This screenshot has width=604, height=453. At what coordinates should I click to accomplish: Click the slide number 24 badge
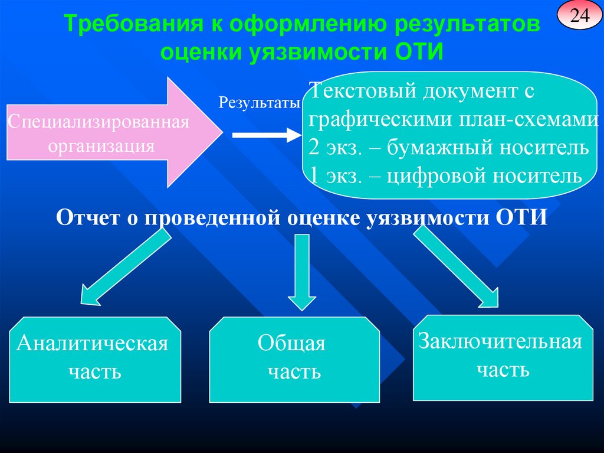click(x=579, y=17)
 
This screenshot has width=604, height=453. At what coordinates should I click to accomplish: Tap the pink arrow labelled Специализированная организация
click(x=112, y=133)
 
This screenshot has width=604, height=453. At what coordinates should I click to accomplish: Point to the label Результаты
click(x=260, y=103)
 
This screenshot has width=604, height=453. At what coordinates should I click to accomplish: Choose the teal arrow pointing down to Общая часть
click(x=301, y=271)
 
